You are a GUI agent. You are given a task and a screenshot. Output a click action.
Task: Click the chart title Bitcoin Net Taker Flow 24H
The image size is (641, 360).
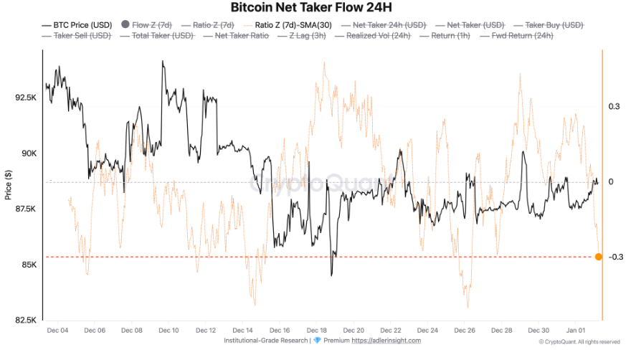320,8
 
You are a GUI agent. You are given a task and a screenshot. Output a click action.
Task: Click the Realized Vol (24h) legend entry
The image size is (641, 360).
379,35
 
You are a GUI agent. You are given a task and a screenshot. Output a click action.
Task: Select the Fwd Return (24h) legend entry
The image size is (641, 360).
522,35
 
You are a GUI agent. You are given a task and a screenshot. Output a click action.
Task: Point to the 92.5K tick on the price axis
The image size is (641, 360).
25,97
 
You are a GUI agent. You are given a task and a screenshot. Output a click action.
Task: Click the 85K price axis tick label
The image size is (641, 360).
28,265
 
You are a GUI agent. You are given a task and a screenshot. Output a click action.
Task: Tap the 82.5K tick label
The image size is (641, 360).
25,320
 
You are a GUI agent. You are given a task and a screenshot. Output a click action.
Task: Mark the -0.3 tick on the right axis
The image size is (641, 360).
616,257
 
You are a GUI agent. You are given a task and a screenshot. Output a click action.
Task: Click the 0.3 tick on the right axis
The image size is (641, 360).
614,106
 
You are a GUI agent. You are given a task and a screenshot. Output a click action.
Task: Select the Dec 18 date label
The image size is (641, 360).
316,330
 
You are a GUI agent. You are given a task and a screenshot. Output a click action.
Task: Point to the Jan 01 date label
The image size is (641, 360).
575,330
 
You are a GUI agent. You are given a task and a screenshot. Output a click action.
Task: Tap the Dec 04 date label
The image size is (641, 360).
57,330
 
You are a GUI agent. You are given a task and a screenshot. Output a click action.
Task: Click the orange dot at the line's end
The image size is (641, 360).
599,257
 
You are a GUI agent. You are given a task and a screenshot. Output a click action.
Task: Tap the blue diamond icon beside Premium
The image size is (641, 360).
318,340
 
